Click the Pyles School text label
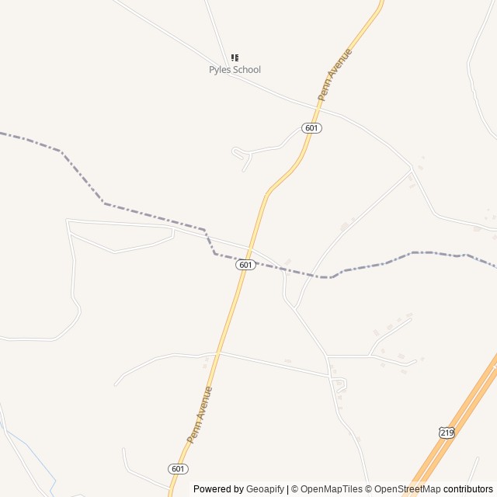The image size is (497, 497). [x=235, y=70]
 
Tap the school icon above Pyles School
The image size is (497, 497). [x=235, y=57]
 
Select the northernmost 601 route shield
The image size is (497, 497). [x=311, y=128]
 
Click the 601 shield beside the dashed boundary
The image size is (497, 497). [x=245, y=265]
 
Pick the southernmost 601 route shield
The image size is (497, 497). [x=178, y=468]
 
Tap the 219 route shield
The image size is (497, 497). [x=446, y=433]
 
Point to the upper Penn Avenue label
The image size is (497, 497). [x=335, y=75]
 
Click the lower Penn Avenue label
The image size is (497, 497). [x=200, y=415]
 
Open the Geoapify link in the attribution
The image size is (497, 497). [x=265, y=489]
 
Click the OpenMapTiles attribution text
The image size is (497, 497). [x=332, y=489]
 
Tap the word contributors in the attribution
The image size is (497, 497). [x=468, y=489]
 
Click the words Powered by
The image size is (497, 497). [x=218, y=489]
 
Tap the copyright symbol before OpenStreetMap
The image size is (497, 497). [x=369, y=489]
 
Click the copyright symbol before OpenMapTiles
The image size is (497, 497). [x=293, y=489]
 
